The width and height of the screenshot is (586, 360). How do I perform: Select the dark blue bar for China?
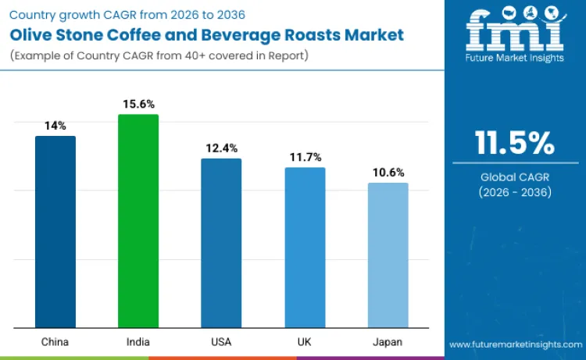click(55, 232)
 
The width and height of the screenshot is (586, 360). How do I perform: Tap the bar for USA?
click(221, 243)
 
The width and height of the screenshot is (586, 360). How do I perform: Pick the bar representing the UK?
click(305, 248)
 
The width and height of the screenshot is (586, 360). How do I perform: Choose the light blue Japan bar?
click(388, 255)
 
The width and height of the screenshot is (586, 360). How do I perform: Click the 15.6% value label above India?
click(138, 104)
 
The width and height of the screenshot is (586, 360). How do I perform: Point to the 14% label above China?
click(55, 125)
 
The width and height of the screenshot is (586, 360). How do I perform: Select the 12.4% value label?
click(221, 148)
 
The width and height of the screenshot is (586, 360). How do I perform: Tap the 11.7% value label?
click(305, 157)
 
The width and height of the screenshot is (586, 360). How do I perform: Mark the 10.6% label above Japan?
click(388, 172)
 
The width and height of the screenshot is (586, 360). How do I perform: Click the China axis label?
click(55, 342)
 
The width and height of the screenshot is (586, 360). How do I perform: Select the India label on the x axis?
click(138, 342)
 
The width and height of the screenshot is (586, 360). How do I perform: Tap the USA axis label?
click(221, 342)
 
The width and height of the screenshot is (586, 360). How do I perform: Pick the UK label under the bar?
click(305, 342)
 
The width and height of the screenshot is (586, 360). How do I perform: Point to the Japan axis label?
click(388, 342)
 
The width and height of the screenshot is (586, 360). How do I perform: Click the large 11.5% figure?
click(514, 143)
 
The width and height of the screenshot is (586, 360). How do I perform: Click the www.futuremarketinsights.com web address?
click(516, 344)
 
